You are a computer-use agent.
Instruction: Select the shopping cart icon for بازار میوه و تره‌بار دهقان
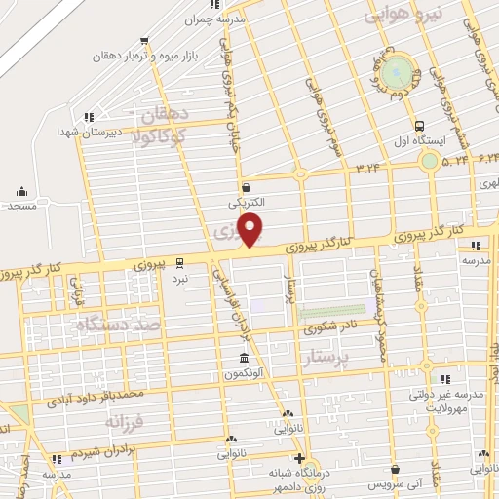pyautogui.click(x=144, y=41)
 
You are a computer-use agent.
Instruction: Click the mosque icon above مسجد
pyautogui.click(x=21, y=191)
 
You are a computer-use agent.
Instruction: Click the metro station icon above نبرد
pyautogui.click(x=179, y=262)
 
